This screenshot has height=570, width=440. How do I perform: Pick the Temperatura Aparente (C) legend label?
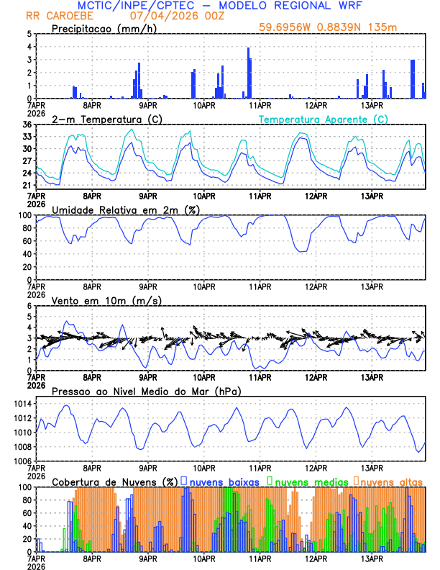[324, 119]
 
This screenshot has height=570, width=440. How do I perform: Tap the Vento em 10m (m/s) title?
[96, 299]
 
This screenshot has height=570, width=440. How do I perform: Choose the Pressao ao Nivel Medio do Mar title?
[147, 391]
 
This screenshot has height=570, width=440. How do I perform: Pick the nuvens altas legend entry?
[389, 481]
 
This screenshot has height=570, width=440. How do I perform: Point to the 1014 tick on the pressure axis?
[23, 417]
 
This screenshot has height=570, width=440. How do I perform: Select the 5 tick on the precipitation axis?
[29, 34]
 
